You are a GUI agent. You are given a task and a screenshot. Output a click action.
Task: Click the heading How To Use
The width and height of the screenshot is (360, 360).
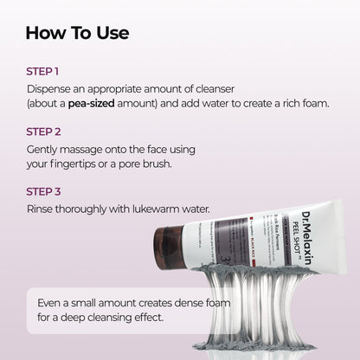pyautogui.click(x=77, y=34)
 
